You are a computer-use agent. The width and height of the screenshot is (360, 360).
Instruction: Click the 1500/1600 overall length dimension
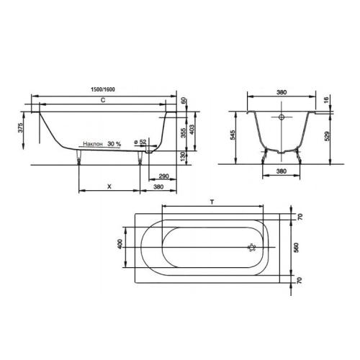(x=103, y=89)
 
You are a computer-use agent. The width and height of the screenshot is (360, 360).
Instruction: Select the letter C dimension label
(x=103, y=100)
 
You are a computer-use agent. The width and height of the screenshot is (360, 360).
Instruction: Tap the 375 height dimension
(x=21, y=127)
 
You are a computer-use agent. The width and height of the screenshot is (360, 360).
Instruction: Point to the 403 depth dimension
(x=192, y=130)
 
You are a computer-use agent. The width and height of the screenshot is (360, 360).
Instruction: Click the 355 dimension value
(x=183, y=133)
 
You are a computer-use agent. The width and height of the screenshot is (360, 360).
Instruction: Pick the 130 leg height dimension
(x=183, y=156)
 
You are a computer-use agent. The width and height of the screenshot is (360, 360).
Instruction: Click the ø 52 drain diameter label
(x=140, y=142)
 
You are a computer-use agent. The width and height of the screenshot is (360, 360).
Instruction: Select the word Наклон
(x=93, y=144)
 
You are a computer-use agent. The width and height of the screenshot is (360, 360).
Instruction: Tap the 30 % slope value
(x=114, y=144)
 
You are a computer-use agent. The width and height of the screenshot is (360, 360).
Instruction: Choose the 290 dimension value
(x=164, y=176)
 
